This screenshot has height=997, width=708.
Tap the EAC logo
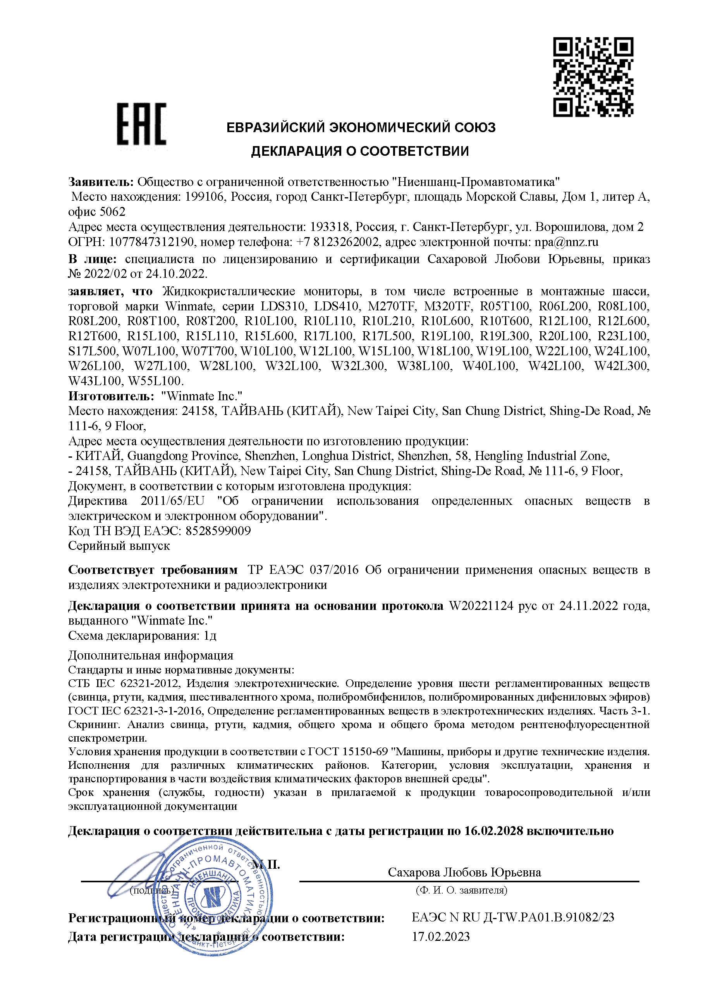pos(142,124)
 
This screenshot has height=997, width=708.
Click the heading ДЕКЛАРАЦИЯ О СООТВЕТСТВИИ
pos(360,152)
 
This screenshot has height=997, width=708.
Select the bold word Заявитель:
pos(101,182)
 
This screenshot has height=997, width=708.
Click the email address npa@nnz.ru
pos(566,242)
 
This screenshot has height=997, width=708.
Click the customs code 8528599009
pos(218,531)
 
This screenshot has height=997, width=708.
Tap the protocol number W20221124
pos(481,606)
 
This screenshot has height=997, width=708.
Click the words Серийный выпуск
pos(119,546)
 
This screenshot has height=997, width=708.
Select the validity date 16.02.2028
pos(493,831)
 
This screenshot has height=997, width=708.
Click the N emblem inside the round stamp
pos(213,898)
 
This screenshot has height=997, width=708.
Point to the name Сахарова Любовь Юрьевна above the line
pos(464,872)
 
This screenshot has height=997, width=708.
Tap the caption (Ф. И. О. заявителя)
pos(462,890)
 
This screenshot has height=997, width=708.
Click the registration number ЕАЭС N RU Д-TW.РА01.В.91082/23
pos(513,917)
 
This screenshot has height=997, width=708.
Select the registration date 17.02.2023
pos(441,937)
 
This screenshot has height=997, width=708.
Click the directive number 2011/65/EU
pos(172,501)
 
